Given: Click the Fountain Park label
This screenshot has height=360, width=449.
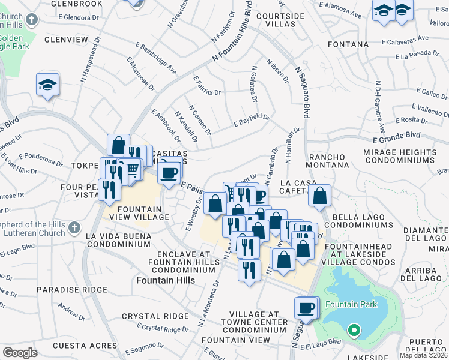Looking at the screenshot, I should (351, 304).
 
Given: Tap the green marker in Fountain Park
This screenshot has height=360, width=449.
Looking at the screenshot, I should (354, 329).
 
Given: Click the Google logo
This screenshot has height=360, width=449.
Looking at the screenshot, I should (20, 352).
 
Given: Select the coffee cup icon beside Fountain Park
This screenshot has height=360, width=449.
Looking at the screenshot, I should (306, 308).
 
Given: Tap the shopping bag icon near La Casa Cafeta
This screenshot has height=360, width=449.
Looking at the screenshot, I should (321, 196).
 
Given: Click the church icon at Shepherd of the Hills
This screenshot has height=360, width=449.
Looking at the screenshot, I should (74, 227).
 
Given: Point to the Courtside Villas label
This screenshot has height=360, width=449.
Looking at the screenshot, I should (276, 20).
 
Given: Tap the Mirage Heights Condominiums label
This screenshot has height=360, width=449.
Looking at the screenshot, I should (399, 157).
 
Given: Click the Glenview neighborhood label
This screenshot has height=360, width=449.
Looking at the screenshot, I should (67, 40).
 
